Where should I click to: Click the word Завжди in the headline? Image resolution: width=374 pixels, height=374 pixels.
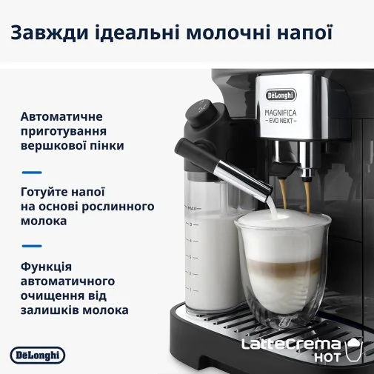[x=50, y=33]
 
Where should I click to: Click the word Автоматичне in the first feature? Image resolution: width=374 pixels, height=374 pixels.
[x=61, y=116]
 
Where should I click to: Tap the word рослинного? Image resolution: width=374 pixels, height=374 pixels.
[x=118, y=207]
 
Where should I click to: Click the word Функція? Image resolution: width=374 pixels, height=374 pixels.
[x=46, y=267]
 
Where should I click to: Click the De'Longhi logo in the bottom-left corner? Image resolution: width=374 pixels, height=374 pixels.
[x=38, y=355]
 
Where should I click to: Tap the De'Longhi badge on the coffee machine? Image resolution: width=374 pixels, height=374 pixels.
[x=281, y=96]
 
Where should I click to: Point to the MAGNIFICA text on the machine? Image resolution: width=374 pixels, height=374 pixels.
[x=281, y=113]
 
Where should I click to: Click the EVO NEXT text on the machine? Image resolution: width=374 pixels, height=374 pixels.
[x=281, y=121]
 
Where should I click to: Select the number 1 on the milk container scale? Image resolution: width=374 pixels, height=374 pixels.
[x=190, y=290]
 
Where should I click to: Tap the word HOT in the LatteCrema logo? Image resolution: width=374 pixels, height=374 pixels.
[x=327, y=357]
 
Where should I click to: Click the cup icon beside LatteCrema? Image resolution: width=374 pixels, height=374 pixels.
[x=354, y=350]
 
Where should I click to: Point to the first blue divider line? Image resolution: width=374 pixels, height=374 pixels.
[x=32, y=173]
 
